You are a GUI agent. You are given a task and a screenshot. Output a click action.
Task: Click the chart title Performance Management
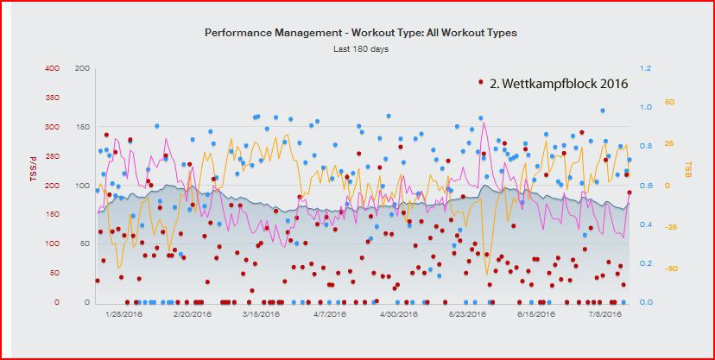(x=360, y=32)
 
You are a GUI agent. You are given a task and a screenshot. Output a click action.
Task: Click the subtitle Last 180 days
(x=360, y=48)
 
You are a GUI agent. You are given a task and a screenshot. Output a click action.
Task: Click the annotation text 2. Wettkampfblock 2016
(x=558, y=84)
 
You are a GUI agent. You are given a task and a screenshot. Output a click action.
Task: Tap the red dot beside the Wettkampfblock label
(x=481, y=83)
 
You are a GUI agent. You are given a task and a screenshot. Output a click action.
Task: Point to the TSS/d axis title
(x=34, y=165)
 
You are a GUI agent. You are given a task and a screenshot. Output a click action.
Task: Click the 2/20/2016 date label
(x=193, y=314)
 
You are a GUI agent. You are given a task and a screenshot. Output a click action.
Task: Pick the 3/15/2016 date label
(x=260, y=314)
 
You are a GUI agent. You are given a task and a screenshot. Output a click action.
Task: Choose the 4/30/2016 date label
(x=398, y=314)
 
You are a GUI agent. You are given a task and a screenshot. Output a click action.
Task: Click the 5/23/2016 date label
(x=466, y=314)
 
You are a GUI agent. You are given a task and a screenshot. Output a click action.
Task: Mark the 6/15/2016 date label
(x=535, y=314)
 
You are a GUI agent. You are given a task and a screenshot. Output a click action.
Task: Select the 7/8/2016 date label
(x=604, y=314)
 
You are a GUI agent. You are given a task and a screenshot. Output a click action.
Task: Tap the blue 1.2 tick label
(x=645, y=68)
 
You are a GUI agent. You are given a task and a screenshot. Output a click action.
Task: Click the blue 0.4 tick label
(x=645, y=224)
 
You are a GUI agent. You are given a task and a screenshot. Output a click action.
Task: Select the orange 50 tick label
(x=668, y=103)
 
